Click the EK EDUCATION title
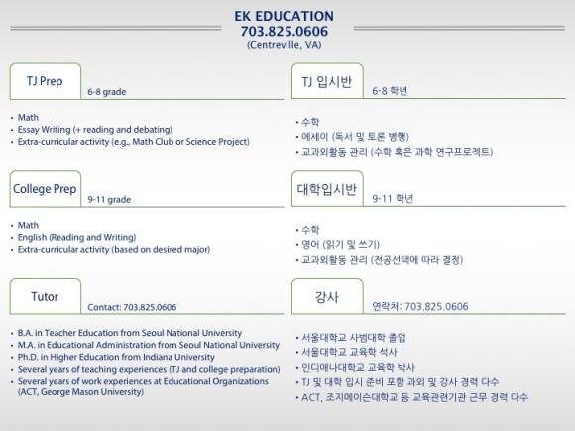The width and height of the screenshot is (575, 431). pyautogui.click(x=284, y=16)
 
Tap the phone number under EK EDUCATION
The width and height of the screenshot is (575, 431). pyautogui.click(x=285, y=31)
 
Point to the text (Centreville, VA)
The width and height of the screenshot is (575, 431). pyautogui.click(x=285, y=45)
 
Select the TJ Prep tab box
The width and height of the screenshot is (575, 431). pyautogui.click(x=45, y=81)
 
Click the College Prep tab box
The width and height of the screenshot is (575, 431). pyautogui.click(x=45, y=188)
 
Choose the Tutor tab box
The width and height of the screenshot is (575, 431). pyautogui.click(x=45, y=296)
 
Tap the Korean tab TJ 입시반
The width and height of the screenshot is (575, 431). pyautogui.click(x=327, y=81)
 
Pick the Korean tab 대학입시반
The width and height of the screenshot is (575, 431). pyautogui.click(x=327, y=188)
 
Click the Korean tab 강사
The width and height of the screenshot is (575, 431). pyautogui.click(x=327, y=296)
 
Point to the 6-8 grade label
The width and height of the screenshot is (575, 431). pyautogui.click(x=107, y=92)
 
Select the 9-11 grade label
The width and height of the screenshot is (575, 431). pyautogui.click(x=109, y=200)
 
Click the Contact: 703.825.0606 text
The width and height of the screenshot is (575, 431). pyautogui.click(x=132, y=307)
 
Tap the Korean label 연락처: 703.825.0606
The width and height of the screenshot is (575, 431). pyautogui.click(x=420, y=306)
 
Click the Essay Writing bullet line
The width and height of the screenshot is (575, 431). pyautogui.click(x=95, y=130)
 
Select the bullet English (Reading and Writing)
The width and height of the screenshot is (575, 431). pyautogui.click(x=76, y=237)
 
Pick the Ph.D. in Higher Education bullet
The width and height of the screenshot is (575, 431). pyautogui.click(x=116, y=357)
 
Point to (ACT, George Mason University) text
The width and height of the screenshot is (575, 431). pyautogui.click(x=80, y=392)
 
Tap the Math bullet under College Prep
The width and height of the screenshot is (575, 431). pyautogui.click(x=28, y=225)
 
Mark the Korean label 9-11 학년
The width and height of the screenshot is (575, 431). pyautogui.click(x=393, y=198)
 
